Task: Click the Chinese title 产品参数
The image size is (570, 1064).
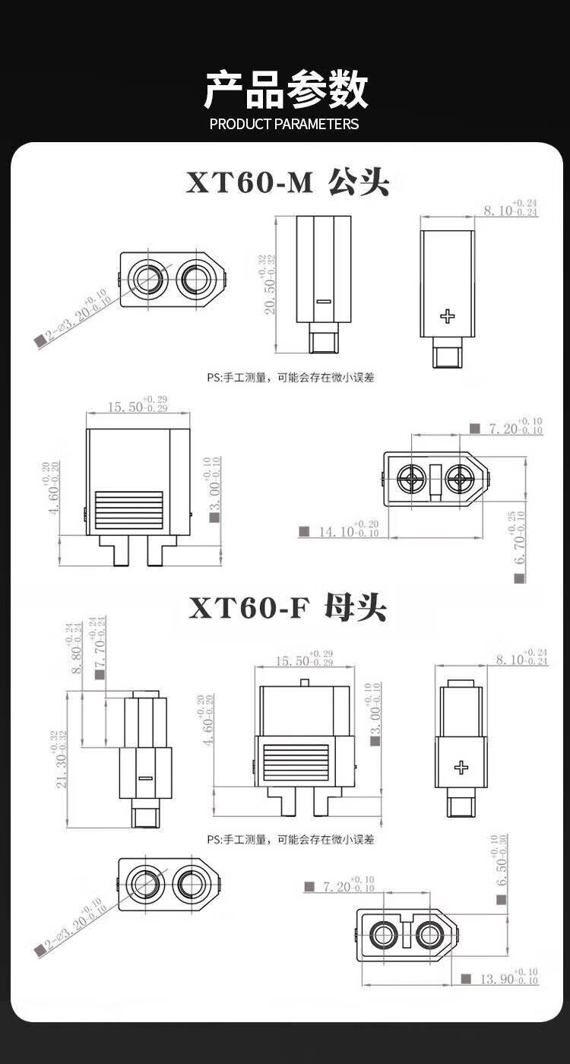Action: [285, 90]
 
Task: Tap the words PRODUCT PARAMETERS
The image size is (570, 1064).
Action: [284, 124]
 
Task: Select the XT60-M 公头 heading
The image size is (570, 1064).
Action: [287, 182]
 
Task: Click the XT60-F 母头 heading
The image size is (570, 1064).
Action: [287, 608]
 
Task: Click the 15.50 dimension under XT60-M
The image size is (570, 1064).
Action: [137, 407]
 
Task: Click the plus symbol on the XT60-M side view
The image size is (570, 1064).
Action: [448, 315]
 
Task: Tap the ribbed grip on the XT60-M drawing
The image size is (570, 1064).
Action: [128, 511]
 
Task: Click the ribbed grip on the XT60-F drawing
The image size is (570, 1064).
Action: [296, 764]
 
